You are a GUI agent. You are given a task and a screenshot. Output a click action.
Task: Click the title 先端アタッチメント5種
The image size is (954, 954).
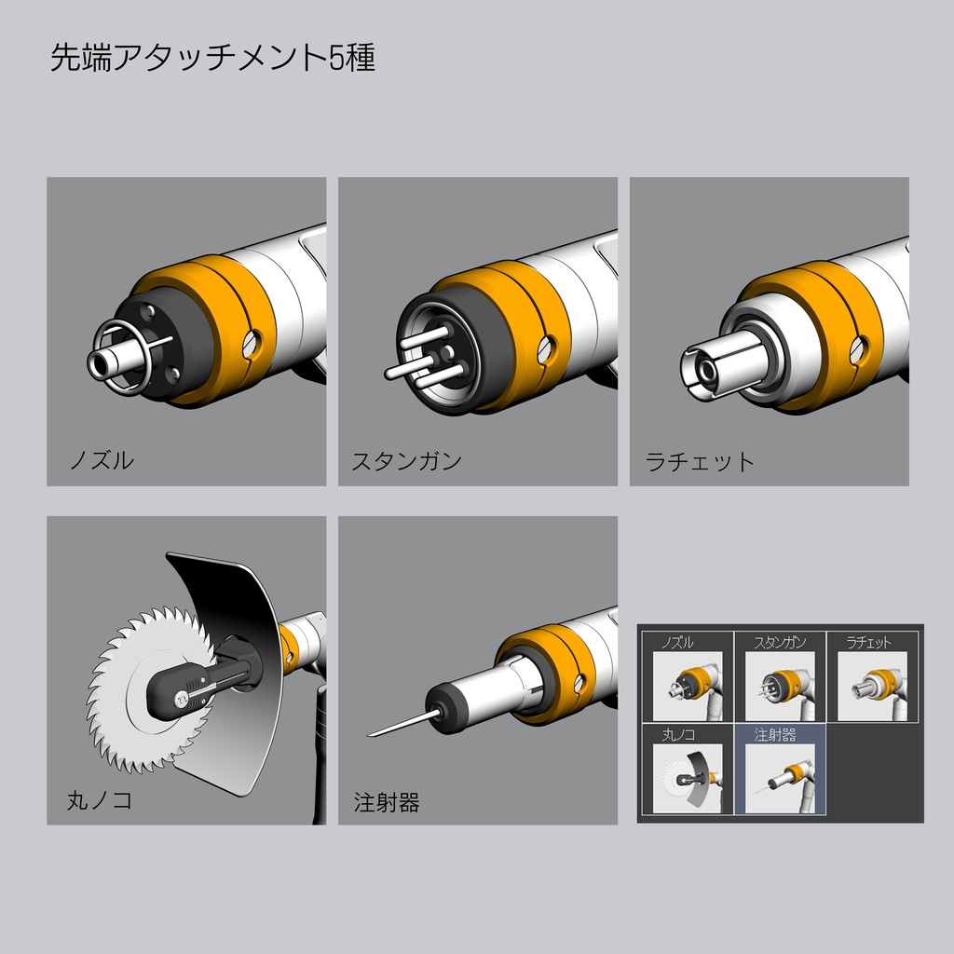212,59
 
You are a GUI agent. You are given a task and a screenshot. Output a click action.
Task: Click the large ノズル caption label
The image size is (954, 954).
102,460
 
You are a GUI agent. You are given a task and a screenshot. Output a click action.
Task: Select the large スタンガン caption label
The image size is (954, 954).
406,461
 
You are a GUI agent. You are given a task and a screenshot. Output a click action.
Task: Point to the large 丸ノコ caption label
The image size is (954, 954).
100,800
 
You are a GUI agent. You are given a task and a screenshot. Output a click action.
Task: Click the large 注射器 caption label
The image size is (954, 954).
387,802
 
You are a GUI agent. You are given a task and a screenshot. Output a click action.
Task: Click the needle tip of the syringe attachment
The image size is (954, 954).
371,734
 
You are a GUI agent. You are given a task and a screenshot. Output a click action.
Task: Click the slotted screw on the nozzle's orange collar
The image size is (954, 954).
252,343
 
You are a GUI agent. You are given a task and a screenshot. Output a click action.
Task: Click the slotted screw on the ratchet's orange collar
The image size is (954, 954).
858,349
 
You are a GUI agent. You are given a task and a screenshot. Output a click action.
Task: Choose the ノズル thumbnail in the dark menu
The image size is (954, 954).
687,686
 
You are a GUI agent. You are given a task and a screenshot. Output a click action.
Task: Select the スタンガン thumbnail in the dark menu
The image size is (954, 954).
780,686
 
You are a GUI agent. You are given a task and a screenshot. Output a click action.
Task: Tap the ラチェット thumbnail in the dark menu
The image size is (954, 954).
872,686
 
